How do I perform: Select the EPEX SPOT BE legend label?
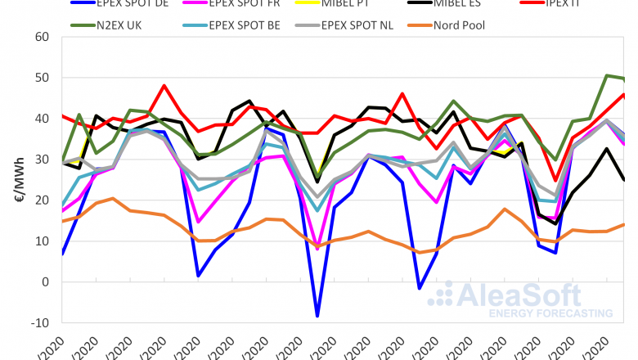pos(244,25)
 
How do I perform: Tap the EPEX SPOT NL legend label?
pos(367,25)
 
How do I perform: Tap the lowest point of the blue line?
pos(317,316)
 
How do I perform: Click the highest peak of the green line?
pos(607,75)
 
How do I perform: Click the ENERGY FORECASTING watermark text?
pos(549,313)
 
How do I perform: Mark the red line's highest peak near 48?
pos(164,85)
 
